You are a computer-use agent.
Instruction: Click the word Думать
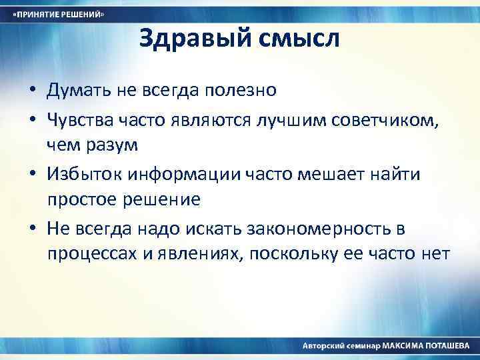click(x=73, y=90)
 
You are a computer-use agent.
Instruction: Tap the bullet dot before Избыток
click(x=32, y=175)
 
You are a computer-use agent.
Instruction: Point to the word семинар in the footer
click(x=361, y=347)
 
